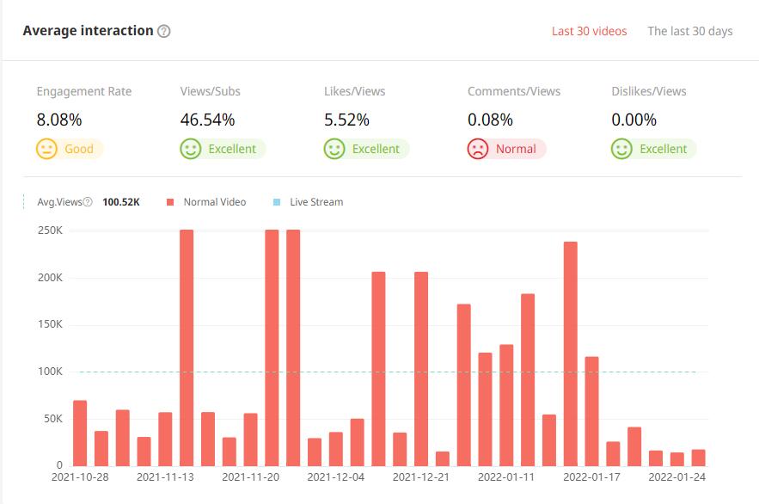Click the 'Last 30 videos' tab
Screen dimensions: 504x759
589,31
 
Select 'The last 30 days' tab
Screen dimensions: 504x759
689,31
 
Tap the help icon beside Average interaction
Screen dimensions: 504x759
164,31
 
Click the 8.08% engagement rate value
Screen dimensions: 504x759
59,120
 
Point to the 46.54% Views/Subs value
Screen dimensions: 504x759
207,120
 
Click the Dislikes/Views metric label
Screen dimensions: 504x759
648,91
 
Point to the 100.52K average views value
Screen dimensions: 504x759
120,202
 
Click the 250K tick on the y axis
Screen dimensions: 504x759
50,230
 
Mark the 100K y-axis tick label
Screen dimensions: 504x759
50,372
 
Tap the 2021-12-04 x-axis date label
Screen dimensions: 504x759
335,476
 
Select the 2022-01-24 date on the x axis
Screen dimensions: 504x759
676,476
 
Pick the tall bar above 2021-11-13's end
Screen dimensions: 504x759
187,347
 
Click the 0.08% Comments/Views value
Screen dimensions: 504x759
490,120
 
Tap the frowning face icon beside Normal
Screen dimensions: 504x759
477,149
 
